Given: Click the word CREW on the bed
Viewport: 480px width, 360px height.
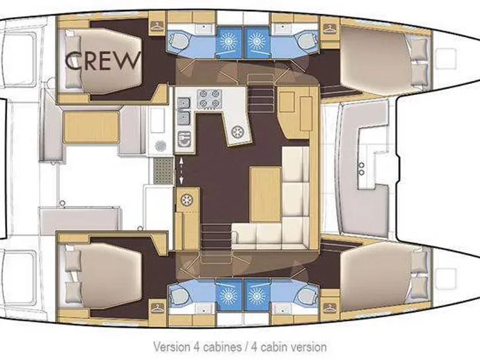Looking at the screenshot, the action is click(x=103, y=60).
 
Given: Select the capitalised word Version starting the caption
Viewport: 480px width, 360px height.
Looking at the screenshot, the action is click(x=171, y=347).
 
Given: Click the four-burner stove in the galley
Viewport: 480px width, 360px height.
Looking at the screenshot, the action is click(x=210, y=99).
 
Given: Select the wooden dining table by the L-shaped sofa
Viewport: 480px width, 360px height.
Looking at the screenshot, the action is click(x=266, y=194).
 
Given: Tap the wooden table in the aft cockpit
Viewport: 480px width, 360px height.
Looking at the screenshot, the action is click(x=91, y=127).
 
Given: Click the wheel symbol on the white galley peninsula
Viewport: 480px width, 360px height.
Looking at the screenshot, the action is click(x=237, y=132).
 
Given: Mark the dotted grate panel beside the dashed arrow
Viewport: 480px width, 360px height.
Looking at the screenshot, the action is click(x=163, y=171).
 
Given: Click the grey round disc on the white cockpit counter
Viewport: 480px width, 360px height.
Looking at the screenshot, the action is click(x=160, y=146).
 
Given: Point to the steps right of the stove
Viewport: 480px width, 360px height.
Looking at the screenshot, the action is click(x=260, y=90).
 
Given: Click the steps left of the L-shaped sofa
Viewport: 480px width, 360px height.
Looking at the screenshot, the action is click(x=216, y=236).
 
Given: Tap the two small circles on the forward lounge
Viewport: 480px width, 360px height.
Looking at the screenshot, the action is click(x=361, y=169).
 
